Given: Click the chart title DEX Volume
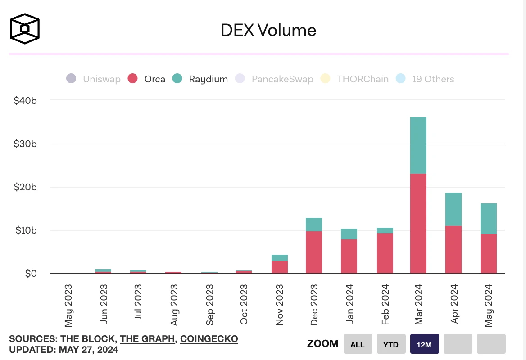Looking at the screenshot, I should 268,30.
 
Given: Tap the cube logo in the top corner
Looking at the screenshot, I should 25,29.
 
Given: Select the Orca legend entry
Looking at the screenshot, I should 147,79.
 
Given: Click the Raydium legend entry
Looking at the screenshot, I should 201,79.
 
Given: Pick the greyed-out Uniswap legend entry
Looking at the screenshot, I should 94,79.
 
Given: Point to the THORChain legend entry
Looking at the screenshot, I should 354,79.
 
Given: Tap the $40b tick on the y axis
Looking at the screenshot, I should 25,100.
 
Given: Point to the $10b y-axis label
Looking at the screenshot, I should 25,230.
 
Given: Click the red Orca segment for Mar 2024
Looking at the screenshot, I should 418,224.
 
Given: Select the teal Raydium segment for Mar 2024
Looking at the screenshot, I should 418,145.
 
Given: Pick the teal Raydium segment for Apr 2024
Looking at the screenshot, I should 453,209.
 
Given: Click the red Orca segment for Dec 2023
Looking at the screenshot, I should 314,252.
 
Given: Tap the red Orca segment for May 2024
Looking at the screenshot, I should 489,253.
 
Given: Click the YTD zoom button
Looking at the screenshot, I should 391,344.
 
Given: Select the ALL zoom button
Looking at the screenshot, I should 358,344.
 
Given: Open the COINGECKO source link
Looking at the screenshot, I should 209,339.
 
